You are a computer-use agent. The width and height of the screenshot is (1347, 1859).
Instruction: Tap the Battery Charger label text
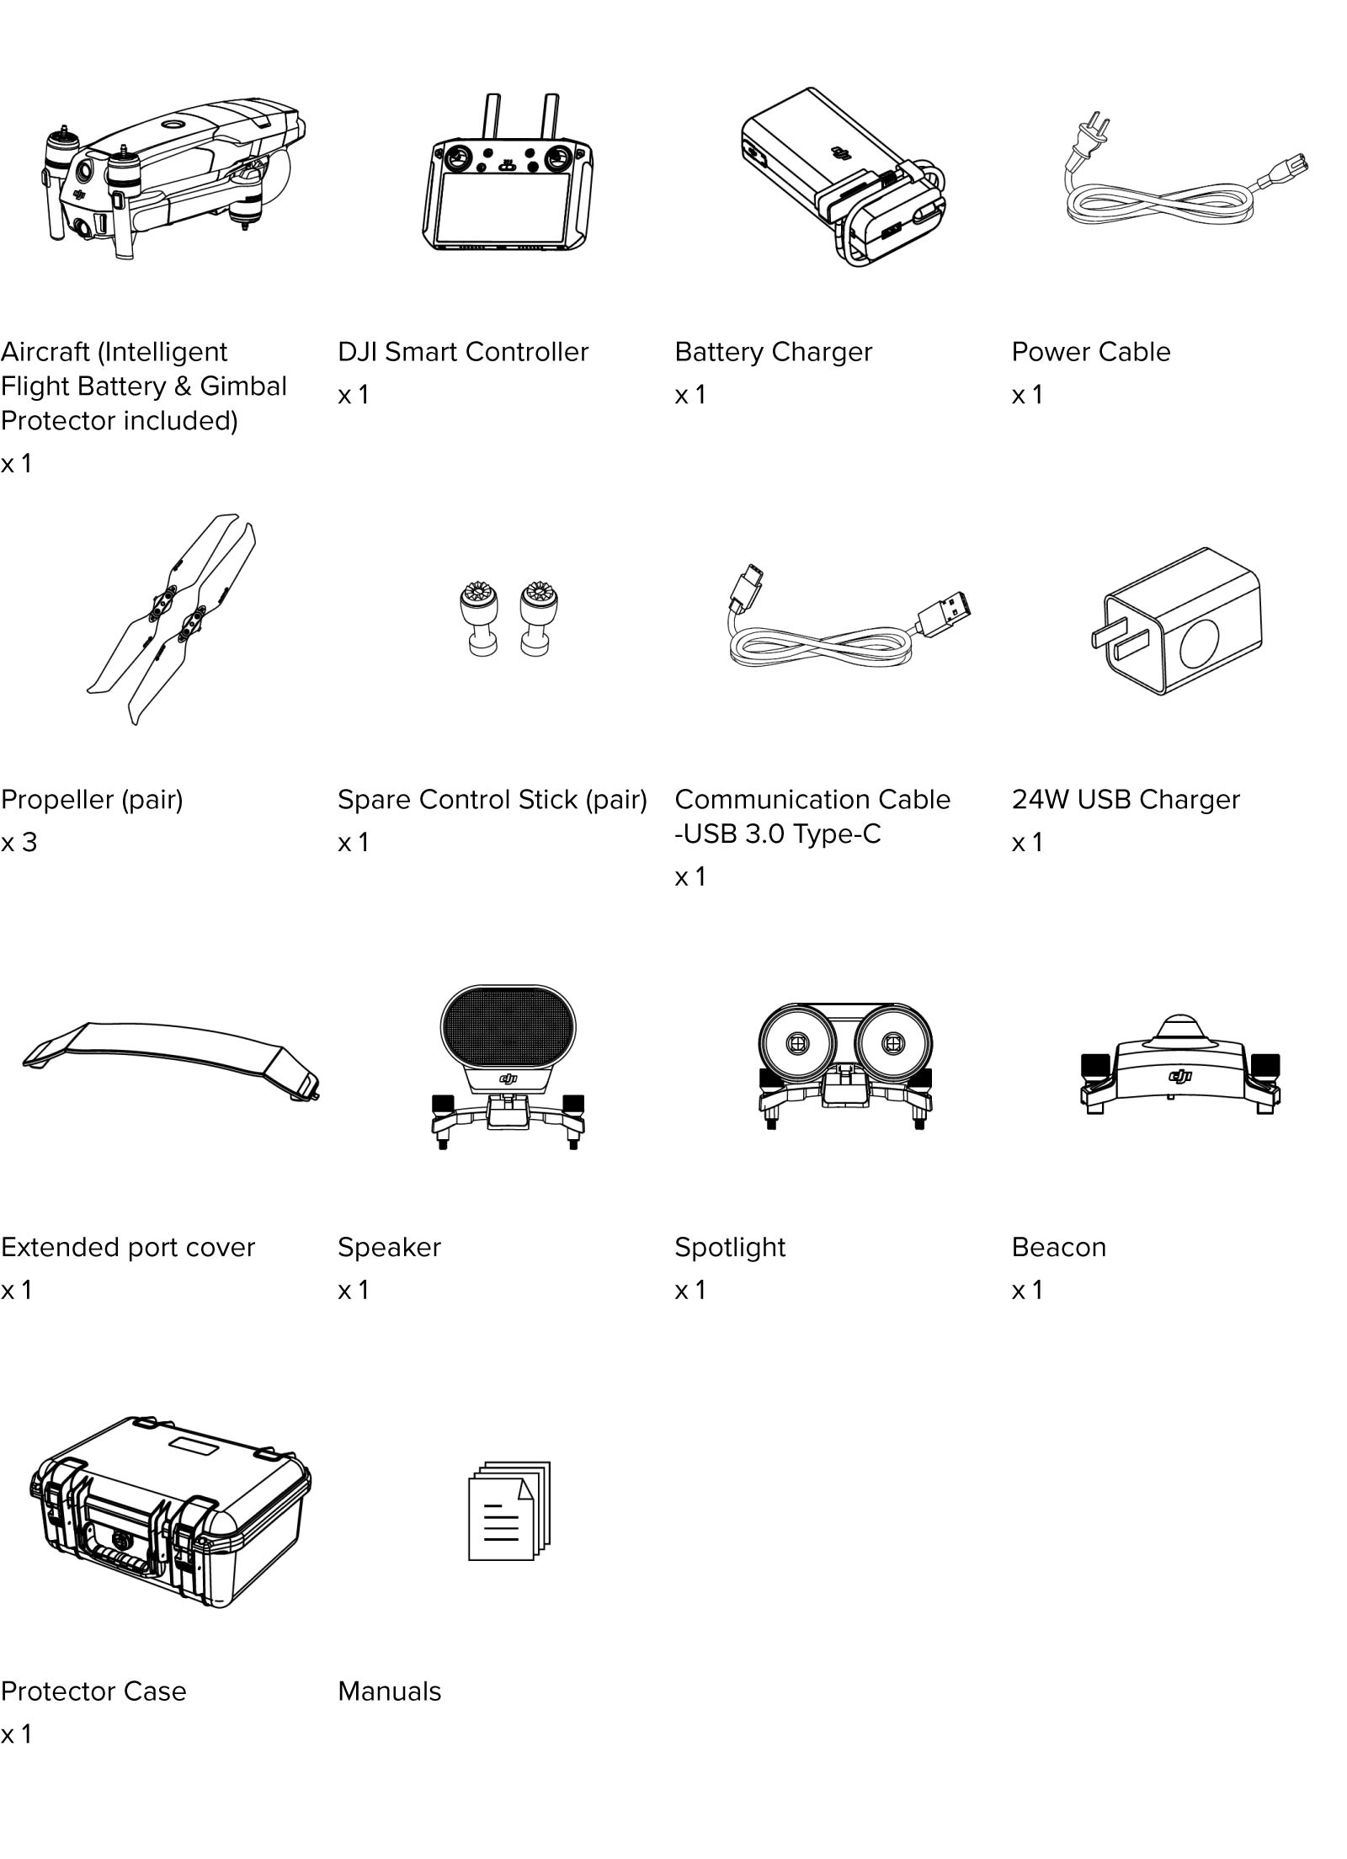(773, 352)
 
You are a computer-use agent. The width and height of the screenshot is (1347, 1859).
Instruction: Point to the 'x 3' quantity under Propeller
(19, 843)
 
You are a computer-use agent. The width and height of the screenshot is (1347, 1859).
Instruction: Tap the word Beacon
(1058, 1247)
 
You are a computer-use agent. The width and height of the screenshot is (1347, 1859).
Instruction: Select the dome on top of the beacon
(1179, 1029)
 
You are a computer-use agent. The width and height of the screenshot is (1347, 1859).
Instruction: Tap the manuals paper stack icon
(508, 1511)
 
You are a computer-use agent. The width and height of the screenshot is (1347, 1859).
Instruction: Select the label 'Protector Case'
(93, 1691)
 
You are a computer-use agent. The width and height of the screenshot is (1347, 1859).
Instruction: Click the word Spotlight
(729, 1247)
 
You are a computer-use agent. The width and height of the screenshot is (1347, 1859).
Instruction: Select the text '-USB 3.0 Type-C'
(777, 834)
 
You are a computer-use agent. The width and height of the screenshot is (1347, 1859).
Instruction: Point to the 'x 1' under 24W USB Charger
(1026, 843)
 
